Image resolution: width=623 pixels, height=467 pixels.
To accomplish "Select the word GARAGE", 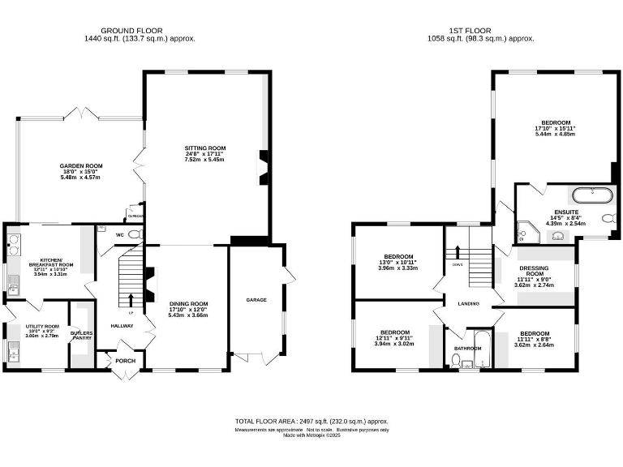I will (256, 299).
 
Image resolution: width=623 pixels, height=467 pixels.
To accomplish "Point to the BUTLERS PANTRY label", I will (81, 335).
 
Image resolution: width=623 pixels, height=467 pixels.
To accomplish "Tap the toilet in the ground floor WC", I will (135, 234).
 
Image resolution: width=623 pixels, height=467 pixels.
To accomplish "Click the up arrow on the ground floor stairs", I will (131, 299).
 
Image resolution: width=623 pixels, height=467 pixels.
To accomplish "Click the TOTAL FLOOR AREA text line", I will (311, 422).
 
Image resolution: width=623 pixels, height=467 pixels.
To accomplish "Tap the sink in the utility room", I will (11, 352).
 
